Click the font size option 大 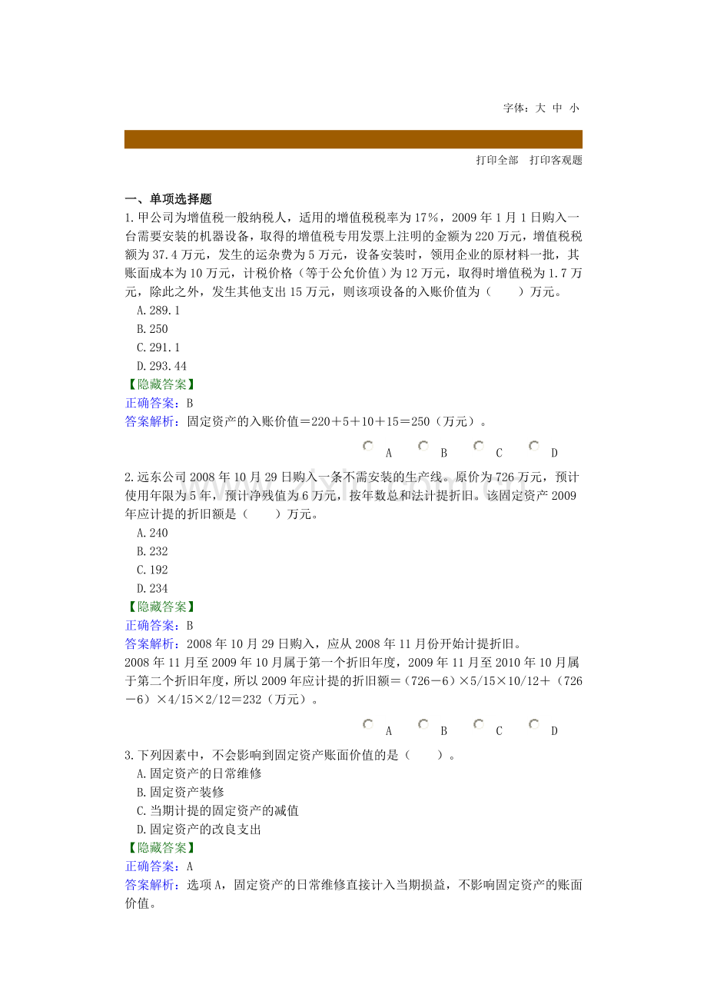pyautogui.click(x=540, y=108)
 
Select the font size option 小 pyautogui.click(x=574, y=108)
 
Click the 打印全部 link pyautogui.click(x=497, y=161)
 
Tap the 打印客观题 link pyautogui.click(x=556, y=161)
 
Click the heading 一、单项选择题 pyautogui.click(x=168, y=199)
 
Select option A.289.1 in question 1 pyautogui.click(x=158, y=311)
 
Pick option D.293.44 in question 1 pyautogui.click(x=161, y=366)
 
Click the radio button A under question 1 pyautogui.click(x=368, y=446)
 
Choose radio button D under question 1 pyautogui.click(x=534, y=446)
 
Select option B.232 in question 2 pyautogui.click(x=152, y=551)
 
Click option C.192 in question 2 pyautogui.click(x=152, y=570)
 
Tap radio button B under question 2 pyautogui.click(x=423, y=724)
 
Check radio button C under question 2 pyautogui.click(x=479, y=724)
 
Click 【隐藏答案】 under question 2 pyautogui.click(x=161, y=607)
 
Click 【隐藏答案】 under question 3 pyautogui.click(x=161, y=848)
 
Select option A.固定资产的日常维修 pyautogui.click(x=199, y=773)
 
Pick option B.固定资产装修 pyautogui.click(x=181, y=792)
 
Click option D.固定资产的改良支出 pyautogui.click(x=199, y=830)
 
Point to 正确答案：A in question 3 pyautogui.click(x=159, y=866)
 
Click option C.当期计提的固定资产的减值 pyautogui.click(x=217, y=810)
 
